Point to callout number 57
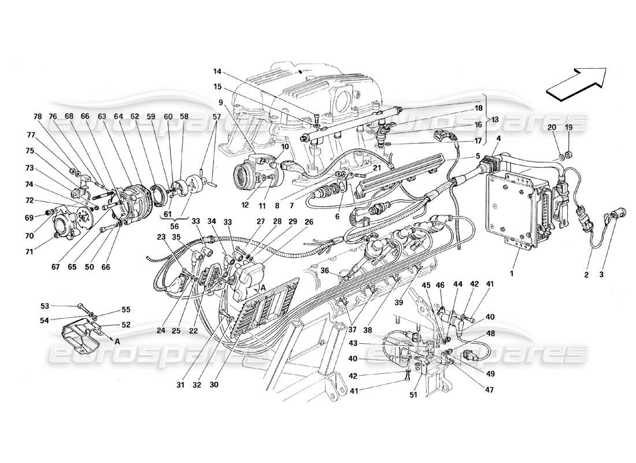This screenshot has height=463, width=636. tap(217, 116)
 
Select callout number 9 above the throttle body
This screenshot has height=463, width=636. tap(221, 102)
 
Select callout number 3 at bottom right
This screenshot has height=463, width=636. tap(601, 276)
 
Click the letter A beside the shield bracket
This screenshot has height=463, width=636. tap(117, 341)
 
